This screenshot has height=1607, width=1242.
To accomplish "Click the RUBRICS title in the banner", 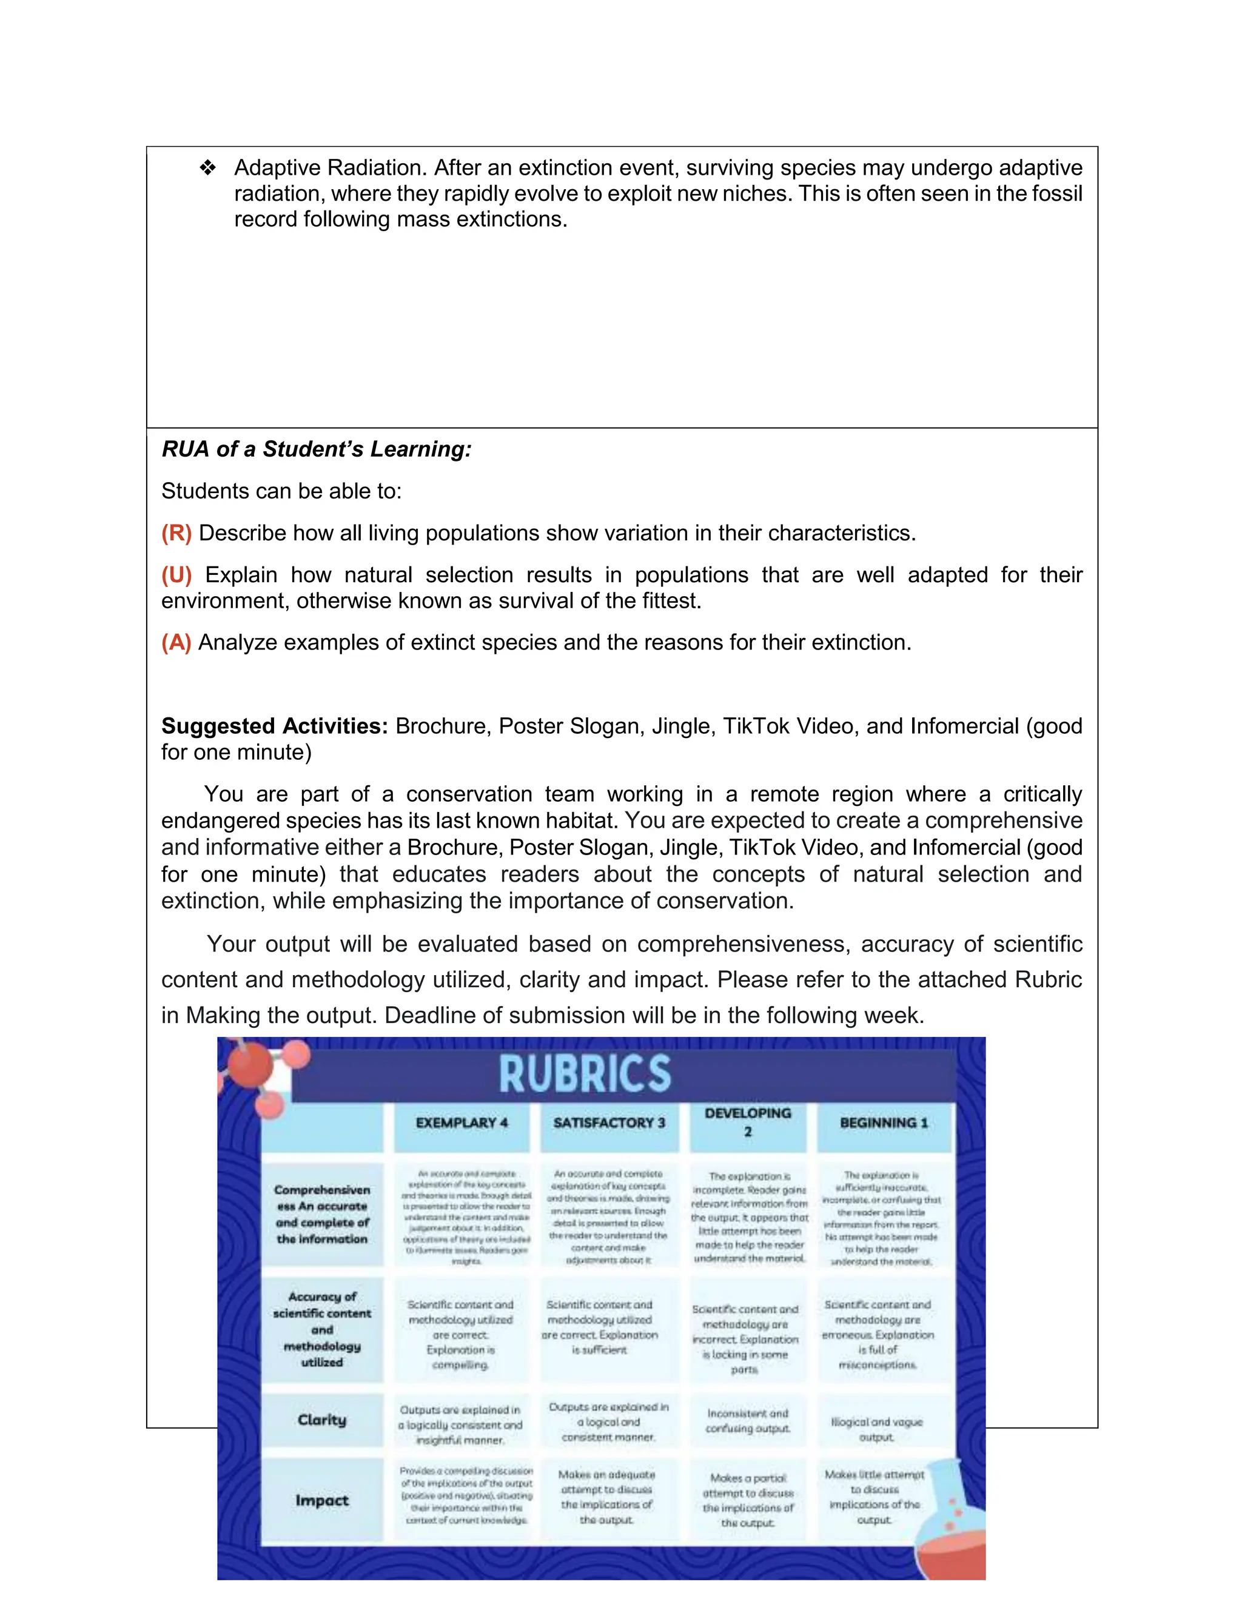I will tap(585, 1073).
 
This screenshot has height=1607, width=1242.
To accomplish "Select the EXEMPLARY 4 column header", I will tap(462, 1123).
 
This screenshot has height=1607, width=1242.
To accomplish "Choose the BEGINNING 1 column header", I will tap(884, 1123).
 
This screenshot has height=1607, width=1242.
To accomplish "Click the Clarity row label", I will tap(321, 1420).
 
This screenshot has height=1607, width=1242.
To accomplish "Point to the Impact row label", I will tap(321, 1500).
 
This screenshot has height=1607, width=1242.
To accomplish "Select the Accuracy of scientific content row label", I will tap(321, 1330).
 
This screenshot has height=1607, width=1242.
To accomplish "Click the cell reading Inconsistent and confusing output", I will tap(748, 1421).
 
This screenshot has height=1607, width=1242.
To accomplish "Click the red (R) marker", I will tap(176, 532).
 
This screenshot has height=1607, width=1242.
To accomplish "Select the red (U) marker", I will tap(176, 575).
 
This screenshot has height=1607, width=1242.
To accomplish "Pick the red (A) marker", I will tap(176, 642).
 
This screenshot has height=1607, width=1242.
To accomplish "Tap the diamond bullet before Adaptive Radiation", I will tap(207, 169).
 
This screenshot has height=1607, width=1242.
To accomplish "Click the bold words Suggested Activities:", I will tap(275, 726).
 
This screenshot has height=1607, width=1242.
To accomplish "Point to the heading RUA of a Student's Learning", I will tap(317, 449).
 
